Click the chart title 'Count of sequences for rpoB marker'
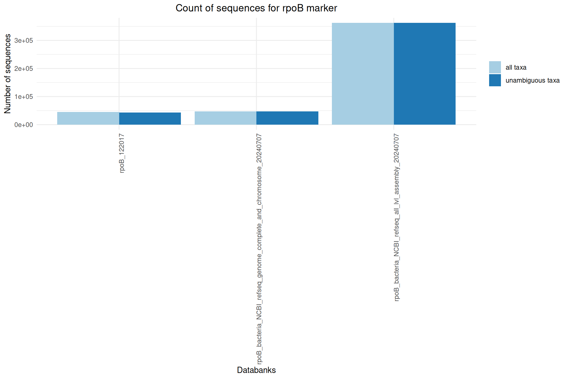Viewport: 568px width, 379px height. (256, 8)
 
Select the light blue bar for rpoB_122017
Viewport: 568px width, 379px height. (88, 118)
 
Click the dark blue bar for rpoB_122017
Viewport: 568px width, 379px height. (150, 119)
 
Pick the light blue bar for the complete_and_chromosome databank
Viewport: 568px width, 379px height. (225, 118)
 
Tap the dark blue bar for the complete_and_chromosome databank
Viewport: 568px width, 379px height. (287, 118)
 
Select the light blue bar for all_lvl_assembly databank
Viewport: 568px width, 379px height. (363, 74)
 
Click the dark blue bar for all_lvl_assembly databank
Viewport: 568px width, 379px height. (425, 74)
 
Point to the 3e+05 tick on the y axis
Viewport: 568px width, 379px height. (24, 41)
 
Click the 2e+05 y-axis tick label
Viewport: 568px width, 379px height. (24, 69)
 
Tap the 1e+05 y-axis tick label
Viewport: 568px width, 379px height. (24, 97)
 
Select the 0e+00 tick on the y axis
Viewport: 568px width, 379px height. (24, 125)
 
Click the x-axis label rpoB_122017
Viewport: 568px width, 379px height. (122, 153)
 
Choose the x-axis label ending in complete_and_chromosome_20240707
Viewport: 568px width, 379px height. (259, 249)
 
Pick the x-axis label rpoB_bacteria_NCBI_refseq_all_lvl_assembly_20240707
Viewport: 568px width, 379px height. (396, 217)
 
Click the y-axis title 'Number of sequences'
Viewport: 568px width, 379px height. (8, 74)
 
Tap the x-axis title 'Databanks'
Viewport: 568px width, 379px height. (256, 370)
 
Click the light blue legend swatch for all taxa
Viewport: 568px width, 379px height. (495, 67)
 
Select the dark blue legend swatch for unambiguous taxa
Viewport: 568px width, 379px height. (495, 80)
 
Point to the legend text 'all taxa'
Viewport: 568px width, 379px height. (516, 68)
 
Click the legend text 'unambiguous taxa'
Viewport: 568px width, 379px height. (532, 81)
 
